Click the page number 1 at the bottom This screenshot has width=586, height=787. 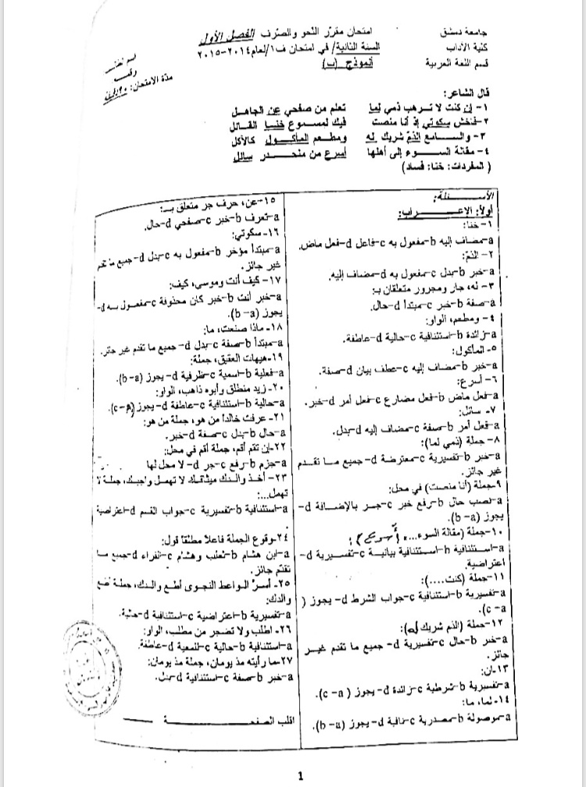pyautogui.click(x=300, y=776)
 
